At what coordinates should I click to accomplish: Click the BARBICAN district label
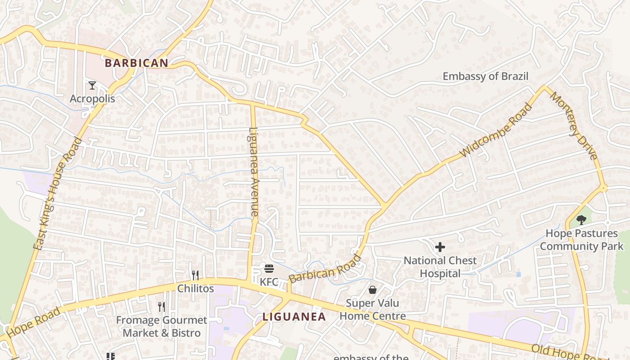136,63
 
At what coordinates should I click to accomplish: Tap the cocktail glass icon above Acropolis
92,85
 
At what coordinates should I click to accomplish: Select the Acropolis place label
92,99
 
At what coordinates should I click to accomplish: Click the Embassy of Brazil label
485,76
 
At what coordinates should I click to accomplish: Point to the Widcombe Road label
496,131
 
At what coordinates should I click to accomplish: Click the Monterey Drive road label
574,126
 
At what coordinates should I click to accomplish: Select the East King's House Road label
58,193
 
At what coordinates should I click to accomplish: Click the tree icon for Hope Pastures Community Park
581,220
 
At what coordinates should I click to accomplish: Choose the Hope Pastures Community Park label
581,240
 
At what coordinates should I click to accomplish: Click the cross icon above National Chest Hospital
440,247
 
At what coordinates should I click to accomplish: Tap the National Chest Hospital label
440,267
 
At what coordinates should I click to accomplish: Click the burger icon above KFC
269,269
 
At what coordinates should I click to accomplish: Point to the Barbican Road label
324,269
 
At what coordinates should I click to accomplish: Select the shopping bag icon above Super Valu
372,289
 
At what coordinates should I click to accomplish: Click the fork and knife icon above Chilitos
195,275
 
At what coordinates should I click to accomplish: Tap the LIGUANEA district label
294,316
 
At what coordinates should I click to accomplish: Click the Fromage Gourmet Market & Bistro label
162,327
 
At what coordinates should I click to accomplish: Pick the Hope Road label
34,323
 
